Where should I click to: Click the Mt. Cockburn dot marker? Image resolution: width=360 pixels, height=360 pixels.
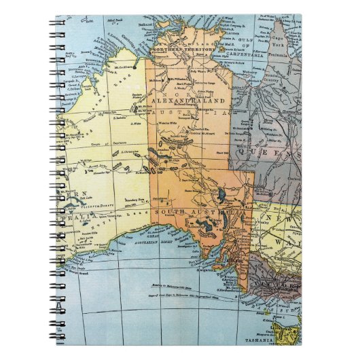coord(135,67)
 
